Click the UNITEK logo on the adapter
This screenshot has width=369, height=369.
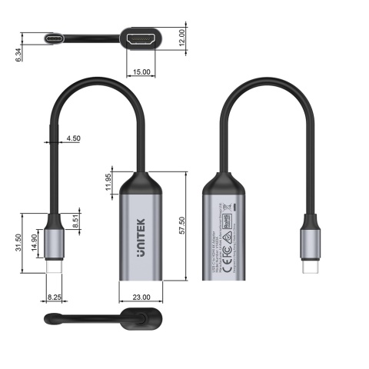(x=141, y=251)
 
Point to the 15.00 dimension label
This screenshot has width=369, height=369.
(x=141, y=72)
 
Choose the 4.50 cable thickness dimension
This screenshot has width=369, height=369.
(x=74, y=139)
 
